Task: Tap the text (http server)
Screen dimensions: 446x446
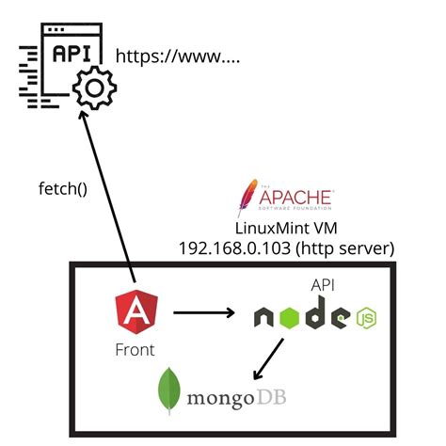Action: click(344, 247)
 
